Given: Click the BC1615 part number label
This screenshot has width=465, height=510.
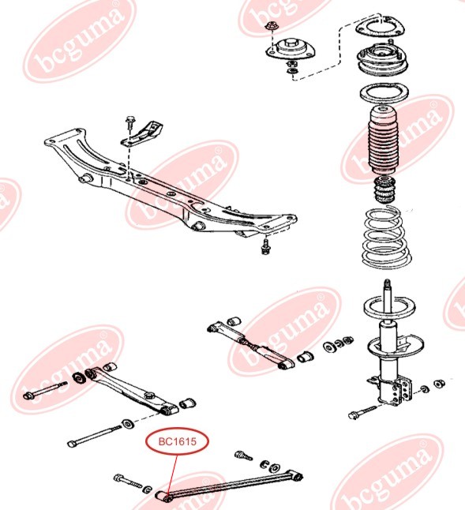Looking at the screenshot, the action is tap(177, 441).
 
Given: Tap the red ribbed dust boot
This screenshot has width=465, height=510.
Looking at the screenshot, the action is tap(384, 141).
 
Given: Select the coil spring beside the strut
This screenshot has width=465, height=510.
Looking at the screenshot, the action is tap(386, 238).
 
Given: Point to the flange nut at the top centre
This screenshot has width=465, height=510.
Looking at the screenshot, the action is tap(270, 26).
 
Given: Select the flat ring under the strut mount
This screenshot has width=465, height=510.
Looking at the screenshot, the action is tap(384, 94).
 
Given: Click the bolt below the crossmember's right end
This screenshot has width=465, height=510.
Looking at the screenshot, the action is tap(265, 246).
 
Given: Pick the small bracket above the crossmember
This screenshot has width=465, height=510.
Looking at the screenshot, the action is tap(142, 134).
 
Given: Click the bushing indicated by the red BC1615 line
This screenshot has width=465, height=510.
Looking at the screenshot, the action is tap(163, 497).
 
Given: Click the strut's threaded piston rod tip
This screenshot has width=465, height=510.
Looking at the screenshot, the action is tap(387, 283).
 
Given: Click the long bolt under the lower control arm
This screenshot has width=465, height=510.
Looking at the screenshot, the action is tap(92, 436).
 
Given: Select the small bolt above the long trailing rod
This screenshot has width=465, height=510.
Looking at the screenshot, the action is tap(243, 455).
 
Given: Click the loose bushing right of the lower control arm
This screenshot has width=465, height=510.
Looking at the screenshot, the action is tap(188, 403).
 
